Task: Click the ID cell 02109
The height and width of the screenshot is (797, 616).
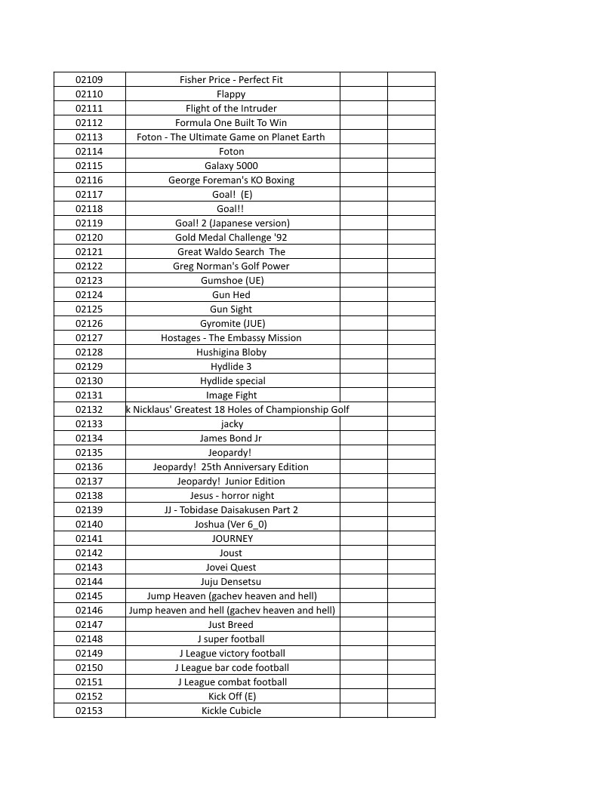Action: pos(89,79)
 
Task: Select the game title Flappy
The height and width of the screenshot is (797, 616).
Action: pos(231,94)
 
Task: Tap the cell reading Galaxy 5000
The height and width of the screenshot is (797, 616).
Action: pos(231,165)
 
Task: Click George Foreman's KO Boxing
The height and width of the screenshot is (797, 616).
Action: pos(231,180)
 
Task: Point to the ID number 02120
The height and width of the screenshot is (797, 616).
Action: pos(89,237)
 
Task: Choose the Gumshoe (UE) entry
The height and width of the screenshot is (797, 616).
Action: pos(232,280)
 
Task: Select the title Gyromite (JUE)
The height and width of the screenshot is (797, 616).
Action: pos(232,323)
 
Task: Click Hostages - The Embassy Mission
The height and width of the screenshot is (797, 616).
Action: pos(231,337)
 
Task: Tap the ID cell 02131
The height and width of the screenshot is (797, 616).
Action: pos(89,395)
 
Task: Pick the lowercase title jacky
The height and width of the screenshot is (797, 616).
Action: pos(232,423)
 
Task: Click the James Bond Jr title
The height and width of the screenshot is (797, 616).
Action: pos(231,438)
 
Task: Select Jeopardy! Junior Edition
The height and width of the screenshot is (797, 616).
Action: pos(231,481)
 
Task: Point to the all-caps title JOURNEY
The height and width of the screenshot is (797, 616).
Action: pos(232,538)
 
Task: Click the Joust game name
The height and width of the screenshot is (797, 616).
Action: pos(231,552)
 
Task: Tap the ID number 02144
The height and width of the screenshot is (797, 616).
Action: pos(89,581)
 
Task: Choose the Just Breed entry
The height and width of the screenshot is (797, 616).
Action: pos(231,624)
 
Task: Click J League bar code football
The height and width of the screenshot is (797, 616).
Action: pos(232,667)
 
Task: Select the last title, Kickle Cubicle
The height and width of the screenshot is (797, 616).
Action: pos(231,710)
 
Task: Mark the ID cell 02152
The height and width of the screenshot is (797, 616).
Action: pos(89,696)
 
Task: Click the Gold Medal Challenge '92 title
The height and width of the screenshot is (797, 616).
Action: pos(231,237)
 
